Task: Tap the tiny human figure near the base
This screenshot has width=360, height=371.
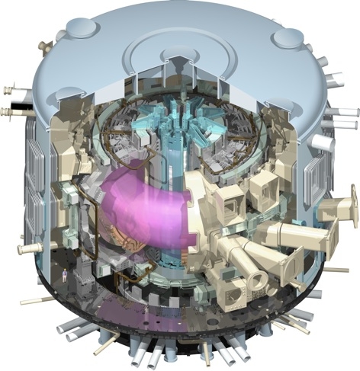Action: (65, 273)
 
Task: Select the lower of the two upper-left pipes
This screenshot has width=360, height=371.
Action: (11, 113)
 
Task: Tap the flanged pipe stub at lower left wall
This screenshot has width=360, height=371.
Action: (29, 248)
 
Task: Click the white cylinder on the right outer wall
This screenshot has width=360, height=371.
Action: (323, 142)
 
